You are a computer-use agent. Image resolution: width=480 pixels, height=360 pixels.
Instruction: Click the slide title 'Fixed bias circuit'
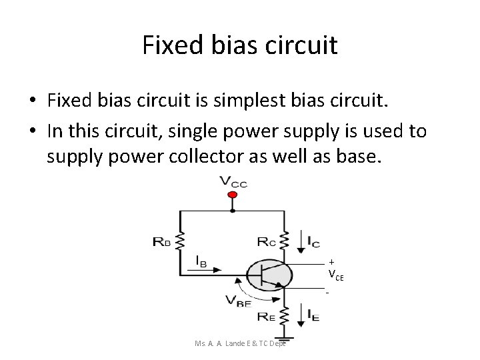(240, 45)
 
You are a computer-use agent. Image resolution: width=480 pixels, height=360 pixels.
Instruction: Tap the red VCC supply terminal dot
(232, 195)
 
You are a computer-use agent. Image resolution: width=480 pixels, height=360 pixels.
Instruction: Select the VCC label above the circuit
(233, 181)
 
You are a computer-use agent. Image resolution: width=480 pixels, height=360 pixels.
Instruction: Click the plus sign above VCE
(331, 262)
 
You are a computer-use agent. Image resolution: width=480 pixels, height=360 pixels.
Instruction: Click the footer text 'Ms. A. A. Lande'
(218, 343)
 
